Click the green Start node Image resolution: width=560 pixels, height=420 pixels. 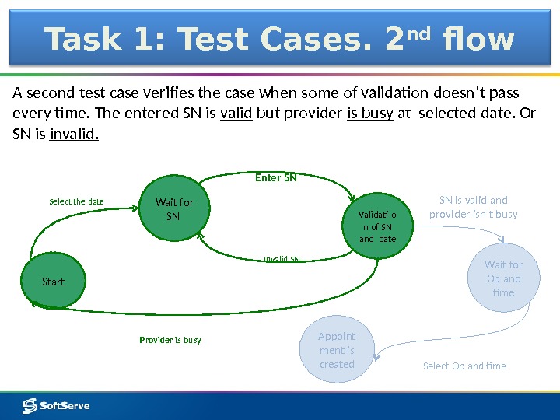pyautogui.click(x=53, y=282)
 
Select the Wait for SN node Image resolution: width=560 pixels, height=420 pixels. pyautogui.click(x=173, y=209)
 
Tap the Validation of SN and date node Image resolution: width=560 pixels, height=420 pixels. pyautogui.click(x=376, y=226)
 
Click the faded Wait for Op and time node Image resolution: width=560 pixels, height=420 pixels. pyautogui.click(x=503, y=278)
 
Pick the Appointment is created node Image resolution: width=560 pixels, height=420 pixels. pyautogui.click(x=337, y=351)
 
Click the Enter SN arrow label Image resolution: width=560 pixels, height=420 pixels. pyautogui.click(x=276, y=177)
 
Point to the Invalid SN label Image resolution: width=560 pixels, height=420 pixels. pyautogui.click(x=282, y=259)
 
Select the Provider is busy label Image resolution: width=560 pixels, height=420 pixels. pyautogui.click(x=170, y=340)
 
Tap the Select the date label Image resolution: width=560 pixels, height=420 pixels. pyautogui.click(x=76, y=201)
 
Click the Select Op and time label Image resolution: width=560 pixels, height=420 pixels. pyautogui.click(x=464, y=366)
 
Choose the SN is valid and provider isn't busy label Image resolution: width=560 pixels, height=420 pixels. pyautogui.click(x=473, y=207)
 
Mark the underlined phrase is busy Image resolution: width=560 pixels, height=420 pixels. pyautogui.click(x=369, y=114)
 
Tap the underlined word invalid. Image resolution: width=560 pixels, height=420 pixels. pyautogui.click(x=74, y=135)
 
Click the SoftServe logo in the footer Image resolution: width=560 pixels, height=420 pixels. pyautogui.click(x=56, y=405)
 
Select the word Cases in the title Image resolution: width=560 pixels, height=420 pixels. pyautogui.click(x=308, y=40)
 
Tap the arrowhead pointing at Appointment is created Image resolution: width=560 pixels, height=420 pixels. pyautogui.click(x=376, y=357)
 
